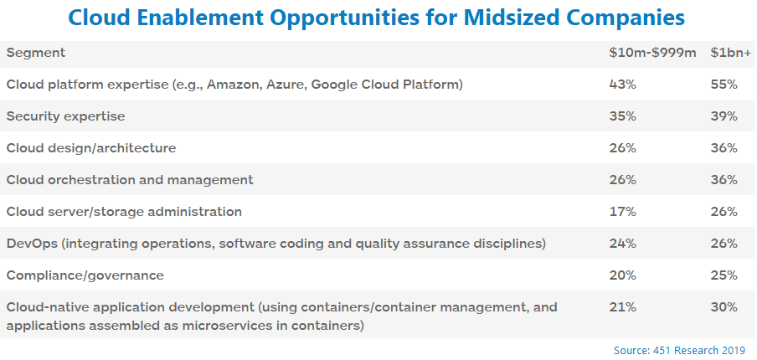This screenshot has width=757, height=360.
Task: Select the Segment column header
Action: (x=36, y=53)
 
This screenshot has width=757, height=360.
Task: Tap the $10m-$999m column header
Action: (x=652, y=53)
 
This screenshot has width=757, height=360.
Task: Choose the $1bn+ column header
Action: (x=731, y=53)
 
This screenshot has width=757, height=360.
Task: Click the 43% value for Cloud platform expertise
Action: (x=623, y=85)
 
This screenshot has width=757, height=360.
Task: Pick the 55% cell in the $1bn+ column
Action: (x=724, y=85)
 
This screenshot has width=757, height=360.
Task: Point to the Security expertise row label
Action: (x=65, y=116)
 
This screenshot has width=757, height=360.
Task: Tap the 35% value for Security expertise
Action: (x=623, y=116)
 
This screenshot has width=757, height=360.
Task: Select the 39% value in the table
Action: (x=724, y=116)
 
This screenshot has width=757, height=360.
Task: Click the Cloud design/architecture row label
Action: (x=91, y=148)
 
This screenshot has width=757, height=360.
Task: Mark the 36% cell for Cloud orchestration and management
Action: (x=724, y=180)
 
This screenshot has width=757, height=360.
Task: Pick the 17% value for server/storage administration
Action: (x=623, y=212)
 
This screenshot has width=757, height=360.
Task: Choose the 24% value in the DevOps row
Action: (x=623, y=244)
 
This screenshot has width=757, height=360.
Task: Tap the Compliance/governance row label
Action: (x=85, y=275)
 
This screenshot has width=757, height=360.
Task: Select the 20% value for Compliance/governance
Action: (x=623, y=275)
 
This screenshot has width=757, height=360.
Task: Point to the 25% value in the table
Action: (x=724, y=275)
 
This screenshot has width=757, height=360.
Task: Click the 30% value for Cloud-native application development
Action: (x=724, y=307)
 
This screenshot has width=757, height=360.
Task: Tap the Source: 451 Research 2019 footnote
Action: (x=679, y=350)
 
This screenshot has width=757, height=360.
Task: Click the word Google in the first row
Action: (x=336, y=85)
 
